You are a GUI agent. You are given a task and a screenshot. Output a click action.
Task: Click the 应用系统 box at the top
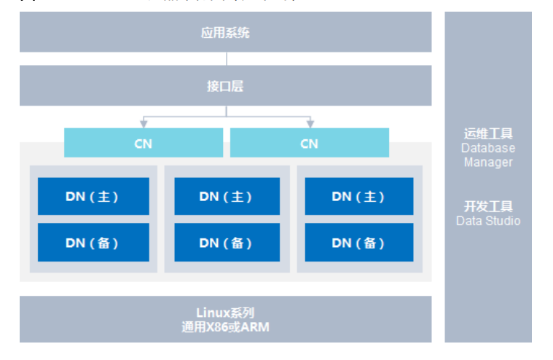pos(225,33)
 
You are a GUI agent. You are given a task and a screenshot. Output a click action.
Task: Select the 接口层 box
pos(225,86)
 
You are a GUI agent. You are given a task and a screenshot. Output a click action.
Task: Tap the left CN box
pos(144,144)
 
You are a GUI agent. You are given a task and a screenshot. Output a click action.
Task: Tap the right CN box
pos(309,144)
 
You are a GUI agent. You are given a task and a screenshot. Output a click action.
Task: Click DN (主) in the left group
pos(93,197)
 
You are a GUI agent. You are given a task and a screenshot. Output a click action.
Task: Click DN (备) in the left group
pos(93,243)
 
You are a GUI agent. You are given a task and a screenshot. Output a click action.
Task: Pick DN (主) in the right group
pos(358,197)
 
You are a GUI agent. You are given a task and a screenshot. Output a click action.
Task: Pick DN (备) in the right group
pos(358,243)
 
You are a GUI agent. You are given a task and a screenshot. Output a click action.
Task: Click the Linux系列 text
pos(225,313)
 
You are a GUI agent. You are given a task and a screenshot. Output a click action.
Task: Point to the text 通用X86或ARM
pos(225,327)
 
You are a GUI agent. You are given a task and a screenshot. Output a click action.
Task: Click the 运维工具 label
pos(488,133)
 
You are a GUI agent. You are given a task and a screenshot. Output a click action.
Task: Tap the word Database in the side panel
pos(488,148)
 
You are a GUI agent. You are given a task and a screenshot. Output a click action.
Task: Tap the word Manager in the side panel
pos(488,162)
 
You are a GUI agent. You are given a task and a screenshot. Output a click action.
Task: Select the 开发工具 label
pos(488,206)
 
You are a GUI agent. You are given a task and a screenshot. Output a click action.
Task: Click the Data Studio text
pos(488,221)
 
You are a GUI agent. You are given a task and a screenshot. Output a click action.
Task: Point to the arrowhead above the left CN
pos(144,124)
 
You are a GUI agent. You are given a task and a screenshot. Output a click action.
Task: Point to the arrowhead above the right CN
pos(310,124)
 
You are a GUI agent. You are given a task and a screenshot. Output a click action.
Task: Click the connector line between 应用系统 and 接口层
pos(226,59)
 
